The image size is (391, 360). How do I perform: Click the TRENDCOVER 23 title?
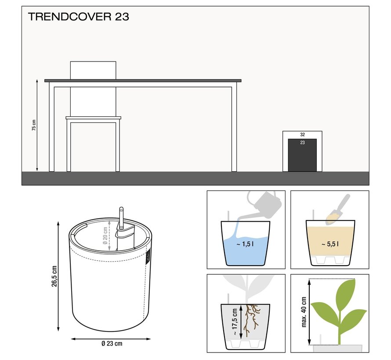(79, 17)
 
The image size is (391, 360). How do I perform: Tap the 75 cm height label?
(34, 125)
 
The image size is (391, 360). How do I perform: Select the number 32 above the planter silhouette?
(303, 134)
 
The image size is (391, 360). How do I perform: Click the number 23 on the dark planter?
(303, 143)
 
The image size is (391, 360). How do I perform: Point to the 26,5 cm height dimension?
(54, 276)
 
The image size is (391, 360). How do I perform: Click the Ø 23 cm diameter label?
(112, 344)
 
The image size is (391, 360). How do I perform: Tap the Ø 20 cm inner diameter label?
(105, 235)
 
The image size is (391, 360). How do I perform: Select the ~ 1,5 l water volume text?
(245, 244)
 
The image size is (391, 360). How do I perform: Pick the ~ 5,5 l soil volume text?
(330, 244)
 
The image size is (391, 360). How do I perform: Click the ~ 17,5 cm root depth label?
(235, 322)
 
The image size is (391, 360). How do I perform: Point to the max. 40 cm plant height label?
(304, 312)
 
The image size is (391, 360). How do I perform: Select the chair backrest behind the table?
(93, 71)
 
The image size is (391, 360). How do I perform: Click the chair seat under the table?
(93, 118)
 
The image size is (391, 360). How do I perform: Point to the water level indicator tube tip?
(121, 209)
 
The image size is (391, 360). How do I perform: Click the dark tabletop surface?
(143, 81)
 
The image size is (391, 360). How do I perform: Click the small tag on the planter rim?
(148, 257)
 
